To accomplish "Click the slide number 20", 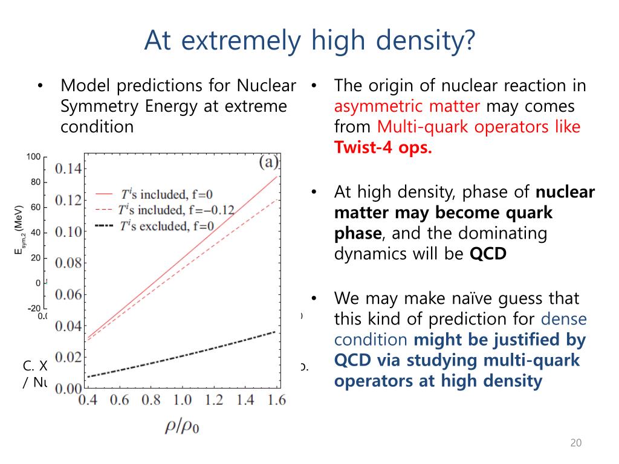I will click(575, 443).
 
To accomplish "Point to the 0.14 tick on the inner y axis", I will click(68, 168).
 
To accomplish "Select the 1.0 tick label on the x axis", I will click(181, 400).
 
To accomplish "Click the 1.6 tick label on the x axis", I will click(276, 400).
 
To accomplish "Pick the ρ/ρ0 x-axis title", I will click(183, 426).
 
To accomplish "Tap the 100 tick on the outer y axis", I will click(33, 157).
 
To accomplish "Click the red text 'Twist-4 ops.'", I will click(383, 148).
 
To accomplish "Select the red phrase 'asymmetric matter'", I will click(407, 107).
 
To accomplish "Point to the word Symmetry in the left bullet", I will click(98, 107).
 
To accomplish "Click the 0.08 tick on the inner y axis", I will click(68, 262).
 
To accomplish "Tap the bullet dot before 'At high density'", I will click(314, 192).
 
